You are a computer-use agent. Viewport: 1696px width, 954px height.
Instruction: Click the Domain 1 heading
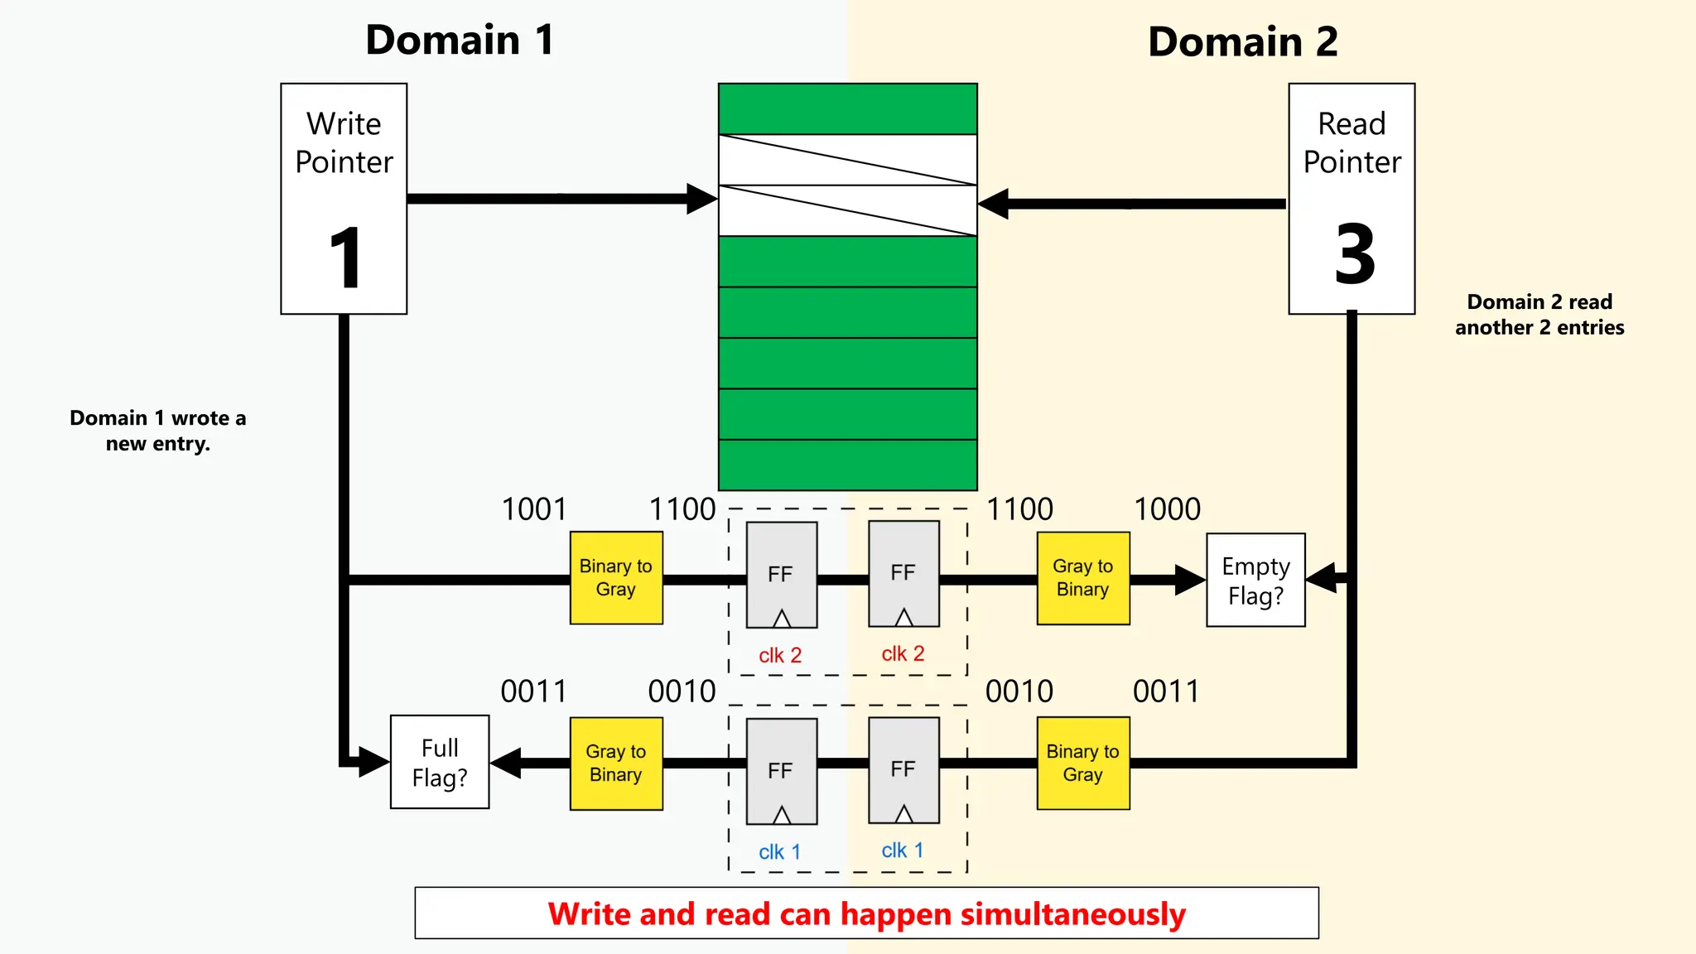click(x=460, y=40)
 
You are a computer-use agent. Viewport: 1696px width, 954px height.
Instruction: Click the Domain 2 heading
click(x=1242, y=41)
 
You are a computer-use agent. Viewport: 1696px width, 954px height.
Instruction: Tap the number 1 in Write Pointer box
click(x=345, y=258)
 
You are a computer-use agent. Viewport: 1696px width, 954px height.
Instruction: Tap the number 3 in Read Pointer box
click(x=1354, y=254)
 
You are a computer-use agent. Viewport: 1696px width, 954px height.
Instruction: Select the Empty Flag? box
click(x=1255, y=580)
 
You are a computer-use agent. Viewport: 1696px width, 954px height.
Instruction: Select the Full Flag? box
click(x=440, y=762)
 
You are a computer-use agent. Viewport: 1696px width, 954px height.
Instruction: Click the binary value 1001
click(x=534, y=509)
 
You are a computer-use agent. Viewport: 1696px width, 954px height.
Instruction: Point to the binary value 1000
click(x=1166, y=509)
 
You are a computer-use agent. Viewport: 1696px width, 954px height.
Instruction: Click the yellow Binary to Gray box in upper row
click(x=616, y=577)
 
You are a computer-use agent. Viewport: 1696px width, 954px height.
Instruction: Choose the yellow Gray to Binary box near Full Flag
click(x=616, y=763)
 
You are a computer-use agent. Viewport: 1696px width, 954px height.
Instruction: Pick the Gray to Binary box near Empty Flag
click(x=1083, y=577)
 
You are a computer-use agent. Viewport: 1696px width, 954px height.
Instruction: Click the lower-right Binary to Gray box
click(x=1083, y=763)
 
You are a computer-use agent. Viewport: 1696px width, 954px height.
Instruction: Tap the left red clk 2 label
click(x=780, y=655)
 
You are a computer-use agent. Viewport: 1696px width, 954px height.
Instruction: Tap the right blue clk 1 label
click(x=902, y=850)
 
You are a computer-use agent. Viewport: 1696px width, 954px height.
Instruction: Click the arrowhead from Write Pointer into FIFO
click(x=702, y=199)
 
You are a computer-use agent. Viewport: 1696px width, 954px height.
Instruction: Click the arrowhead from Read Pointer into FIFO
click(x=994, y=204)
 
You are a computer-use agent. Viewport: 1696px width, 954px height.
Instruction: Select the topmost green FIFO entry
click(x=847, y=108)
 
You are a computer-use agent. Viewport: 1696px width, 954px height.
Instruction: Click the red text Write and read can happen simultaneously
click(x=866, y=913)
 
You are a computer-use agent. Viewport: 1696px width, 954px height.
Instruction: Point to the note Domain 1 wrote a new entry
click(x=157, y=430)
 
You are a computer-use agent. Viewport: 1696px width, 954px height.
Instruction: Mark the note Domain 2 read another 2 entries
click(x=1539, y=314)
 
